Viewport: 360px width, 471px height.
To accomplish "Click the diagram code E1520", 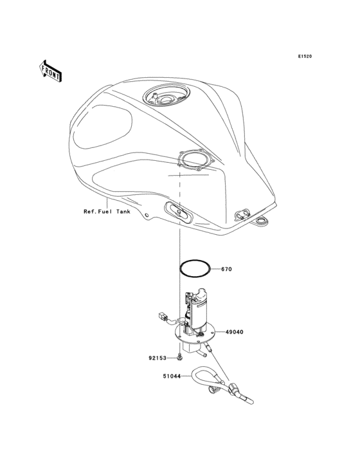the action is pos(305,56).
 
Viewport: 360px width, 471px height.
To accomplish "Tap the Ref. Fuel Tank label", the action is pos(107,212).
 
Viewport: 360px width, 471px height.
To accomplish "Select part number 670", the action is pos(226,270).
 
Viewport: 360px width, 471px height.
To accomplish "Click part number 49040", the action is pos(234,332).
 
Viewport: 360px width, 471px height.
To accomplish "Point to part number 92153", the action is pos(157,358).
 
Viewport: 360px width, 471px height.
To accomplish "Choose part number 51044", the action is pos(172,376).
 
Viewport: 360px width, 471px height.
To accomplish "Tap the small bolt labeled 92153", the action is pos(179,357).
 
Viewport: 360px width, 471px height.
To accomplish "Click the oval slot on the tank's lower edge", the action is pos(179,212).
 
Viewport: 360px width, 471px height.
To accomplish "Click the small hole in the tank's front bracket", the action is pos(147,215).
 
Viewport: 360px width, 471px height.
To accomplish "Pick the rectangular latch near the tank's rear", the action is pos(242,215).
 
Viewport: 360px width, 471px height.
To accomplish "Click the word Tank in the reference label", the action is pos(123,212).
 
